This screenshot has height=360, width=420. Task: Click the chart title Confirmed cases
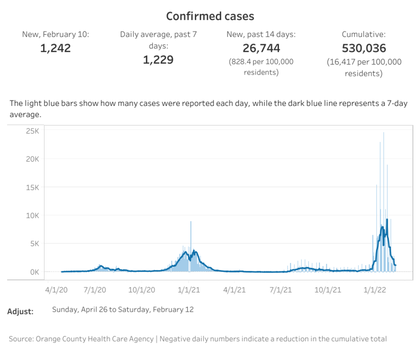click(x=210, y=16)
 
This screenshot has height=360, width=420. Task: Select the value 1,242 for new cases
click(x=56, y=48)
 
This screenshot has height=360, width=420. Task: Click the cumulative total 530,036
click(x=364, y=48)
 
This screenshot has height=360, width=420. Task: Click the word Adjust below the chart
click(x=20, y=311)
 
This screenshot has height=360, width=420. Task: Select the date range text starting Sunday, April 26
click(x=123, y=309)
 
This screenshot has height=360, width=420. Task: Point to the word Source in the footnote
click(x=21, y=338)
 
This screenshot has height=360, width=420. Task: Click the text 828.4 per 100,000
click(x=261, y=61)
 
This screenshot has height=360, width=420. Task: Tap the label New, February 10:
click(x=56, y=34)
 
